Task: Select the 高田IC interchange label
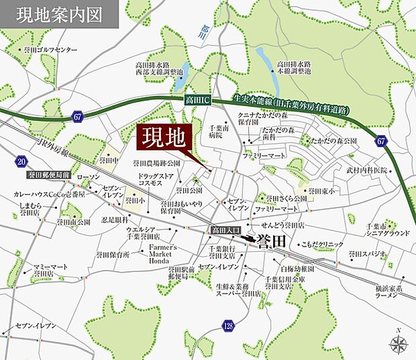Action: (x=198, y=101)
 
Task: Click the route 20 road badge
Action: (x=21, y=162)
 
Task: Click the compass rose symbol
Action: (x=399, y=344)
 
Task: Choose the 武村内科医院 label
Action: (x=367, y=171)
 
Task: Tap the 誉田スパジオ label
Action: (x=368, y=254)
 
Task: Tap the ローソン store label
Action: (x=88, y=177)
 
